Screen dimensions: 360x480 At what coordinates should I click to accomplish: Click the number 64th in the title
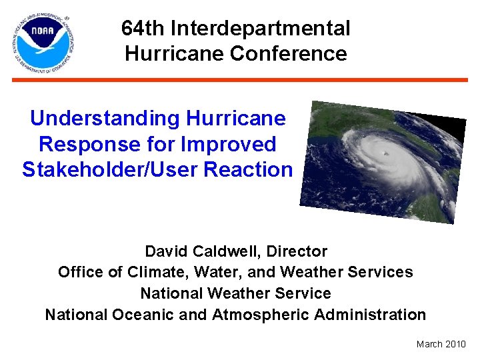pos(143,29)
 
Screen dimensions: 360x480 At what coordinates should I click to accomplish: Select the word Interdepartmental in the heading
pos(261,29)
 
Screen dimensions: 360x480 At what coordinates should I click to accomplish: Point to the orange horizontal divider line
pos(240,79)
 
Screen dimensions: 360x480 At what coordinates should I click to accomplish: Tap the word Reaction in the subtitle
pos(248,169)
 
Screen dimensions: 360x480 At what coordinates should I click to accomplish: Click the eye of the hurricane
pos(385,154)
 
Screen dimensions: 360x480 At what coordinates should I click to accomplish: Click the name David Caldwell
pos(201,251)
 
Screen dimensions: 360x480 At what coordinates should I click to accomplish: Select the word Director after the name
pos(297,251)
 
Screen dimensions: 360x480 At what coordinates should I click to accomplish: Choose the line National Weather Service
pos(235,293)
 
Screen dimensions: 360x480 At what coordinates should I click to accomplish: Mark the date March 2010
pos(441,344)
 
